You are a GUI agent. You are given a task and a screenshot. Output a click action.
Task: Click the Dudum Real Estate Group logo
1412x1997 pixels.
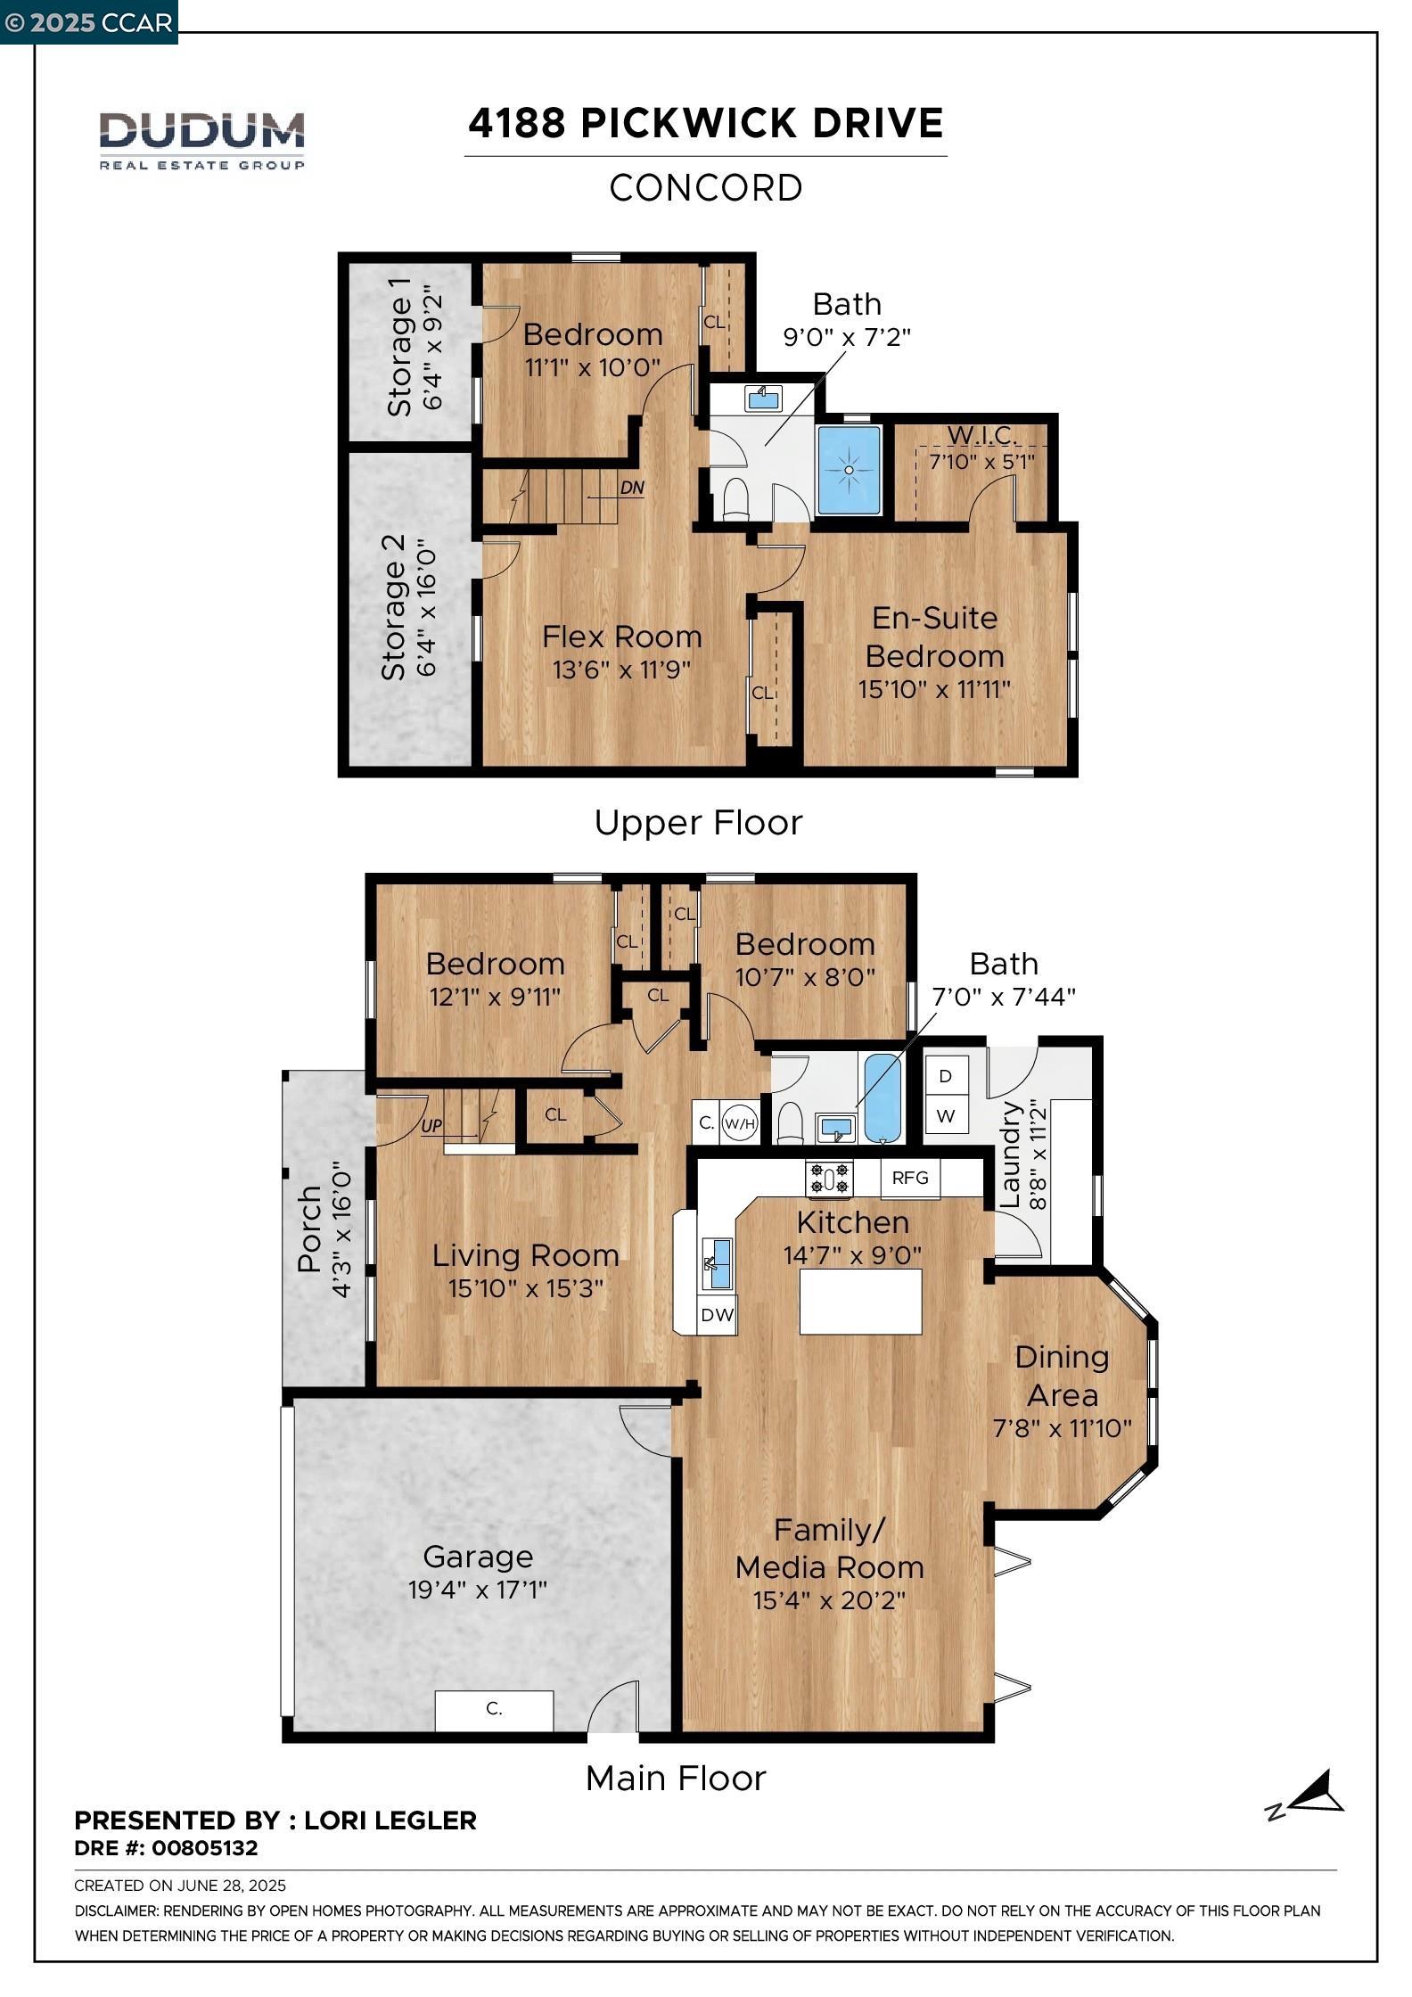click(201, 139)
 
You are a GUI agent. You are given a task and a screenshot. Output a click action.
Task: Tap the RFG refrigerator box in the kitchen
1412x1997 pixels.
click(909, 1178)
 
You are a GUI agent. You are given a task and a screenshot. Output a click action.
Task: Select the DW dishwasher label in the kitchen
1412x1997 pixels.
click(717, 1314)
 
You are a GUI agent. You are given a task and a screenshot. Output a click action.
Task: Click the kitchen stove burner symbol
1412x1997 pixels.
click(829, 1179)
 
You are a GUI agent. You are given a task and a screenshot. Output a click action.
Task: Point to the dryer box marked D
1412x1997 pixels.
click(946, 1076)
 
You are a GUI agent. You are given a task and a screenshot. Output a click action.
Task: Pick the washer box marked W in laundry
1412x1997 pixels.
click(946, 1115)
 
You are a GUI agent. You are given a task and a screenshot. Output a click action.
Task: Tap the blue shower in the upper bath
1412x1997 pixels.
click(849, 470)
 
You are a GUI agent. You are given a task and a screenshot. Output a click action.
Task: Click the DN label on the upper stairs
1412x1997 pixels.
click(631, 489)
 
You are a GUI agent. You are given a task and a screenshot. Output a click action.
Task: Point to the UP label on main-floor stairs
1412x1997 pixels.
click(431, 1126)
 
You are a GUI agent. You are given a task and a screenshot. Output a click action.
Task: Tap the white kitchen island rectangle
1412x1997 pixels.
click(860, 1301)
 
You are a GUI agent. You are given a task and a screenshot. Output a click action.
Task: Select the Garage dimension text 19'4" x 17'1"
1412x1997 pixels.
click(477, 1590)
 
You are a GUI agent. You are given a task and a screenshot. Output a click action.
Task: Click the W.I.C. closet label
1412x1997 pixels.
click(981, 435)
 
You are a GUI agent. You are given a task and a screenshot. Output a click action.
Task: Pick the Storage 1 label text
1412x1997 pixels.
click(399, 356)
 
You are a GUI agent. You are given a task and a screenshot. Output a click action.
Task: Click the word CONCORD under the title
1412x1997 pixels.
click(705, 188)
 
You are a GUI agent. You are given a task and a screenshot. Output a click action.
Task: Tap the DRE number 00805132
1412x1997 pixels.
click(204, 1848)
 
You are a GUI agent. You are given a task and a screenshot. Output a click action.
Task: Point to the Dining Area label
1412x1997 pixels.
click(1062, 1376)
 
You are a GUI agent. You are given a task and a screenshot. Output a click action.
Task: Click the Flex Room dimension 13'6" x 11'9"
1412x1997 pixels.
click(621, 670)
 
